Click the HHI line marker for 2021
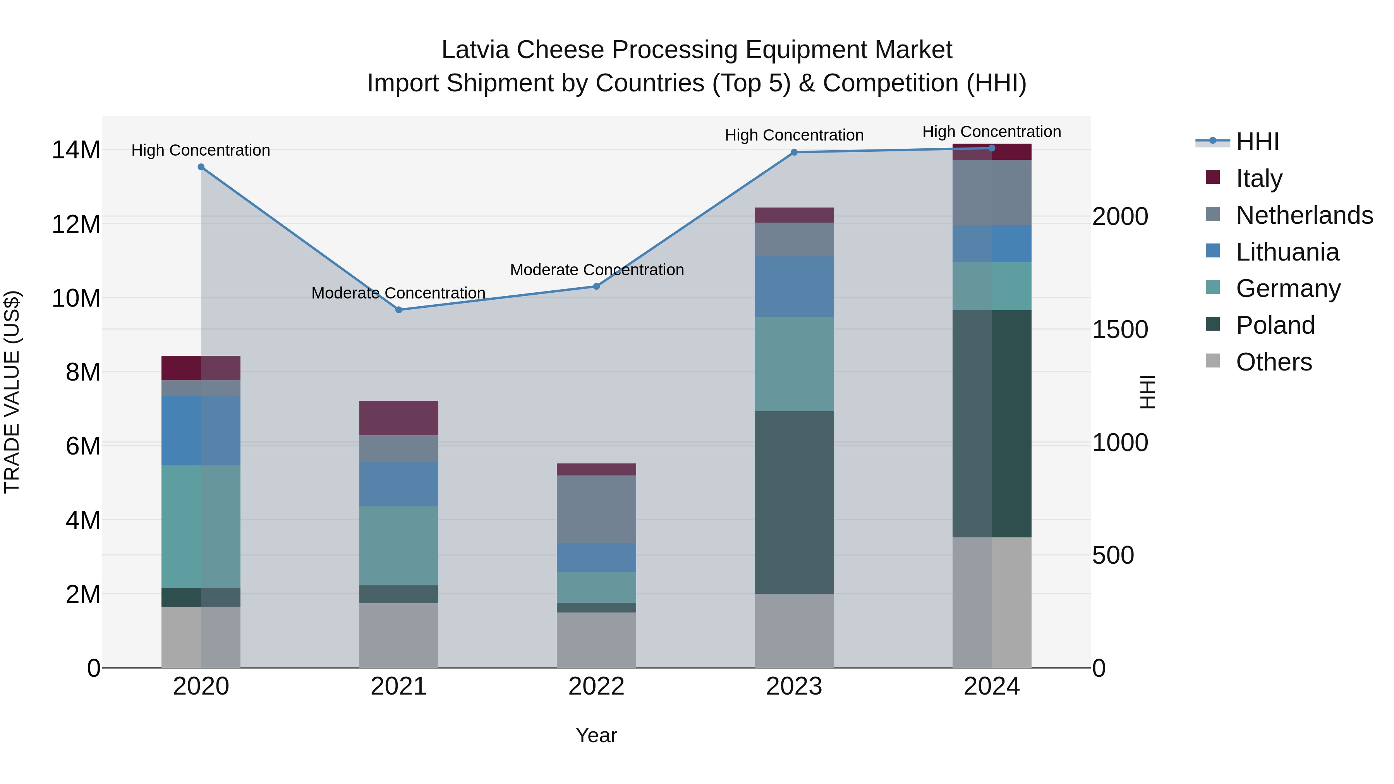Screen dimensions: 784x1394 tap(399, 310)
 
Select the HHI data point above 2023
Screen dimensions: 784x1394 tap(794, 153)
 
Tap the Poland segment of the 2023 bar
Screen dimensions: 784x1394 tap(794, 502)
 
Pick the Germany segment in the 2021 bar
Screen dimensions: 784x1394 tap(399, 546)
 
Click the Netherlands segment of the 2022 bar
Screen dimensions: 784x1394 tap(596, 509)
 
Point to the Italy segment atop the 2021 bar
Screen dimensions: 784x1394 tap(399, 418)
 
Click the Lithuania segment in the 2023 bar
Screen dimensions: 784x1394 tap(794, 286)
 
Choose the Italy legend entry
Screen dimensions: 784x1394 tap(1259, 178)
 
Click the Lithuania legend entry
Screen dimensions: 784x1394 tap(1287, 252)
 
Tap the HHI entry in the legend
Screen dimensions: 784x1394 tap(1257, 142)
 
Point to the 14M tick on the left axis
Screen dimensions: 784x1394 tap(76, 150)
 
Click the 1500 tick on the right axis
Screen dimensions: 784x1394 tap(1119, 329)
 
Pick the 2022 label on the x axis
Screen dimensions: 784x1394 tap(596, 686)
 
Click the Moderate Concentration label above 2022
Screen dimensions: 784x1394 tap(597, 269)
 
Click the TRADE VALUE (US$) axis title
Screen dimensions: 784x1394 tap(12, 392)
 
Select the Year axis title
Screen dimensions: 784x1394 tap(596, 735)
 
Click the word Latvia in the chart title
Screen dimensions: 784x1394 tap(475, 50)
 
